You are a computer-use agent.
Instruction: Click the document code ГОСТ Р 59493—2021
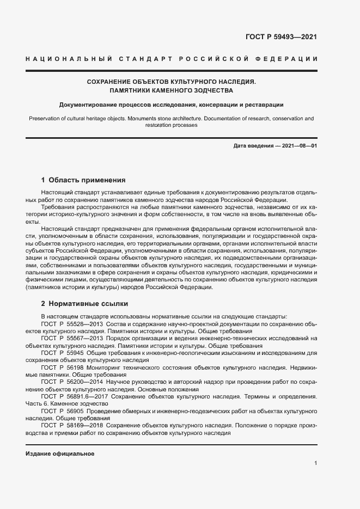[282, 38]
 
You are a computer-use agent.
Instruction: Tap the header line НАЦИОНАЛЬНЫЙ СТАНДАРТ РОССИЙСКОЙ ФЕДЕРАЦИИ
[172, 59]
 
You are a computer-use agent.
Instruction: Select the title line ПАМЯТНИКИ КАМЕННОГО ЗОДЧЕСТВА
[171, 90]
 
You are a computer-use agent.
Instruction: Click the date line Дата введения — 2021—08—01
[274, 146]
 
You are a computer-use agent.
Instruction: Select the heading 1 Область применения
[83, 180]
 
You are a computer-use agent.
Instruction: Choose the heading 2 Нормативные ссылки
[84, 303]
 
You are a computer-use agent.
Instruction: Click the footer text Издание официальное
[60, 453]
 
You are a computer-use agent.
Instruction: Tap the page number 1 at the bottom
[315, 463]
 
